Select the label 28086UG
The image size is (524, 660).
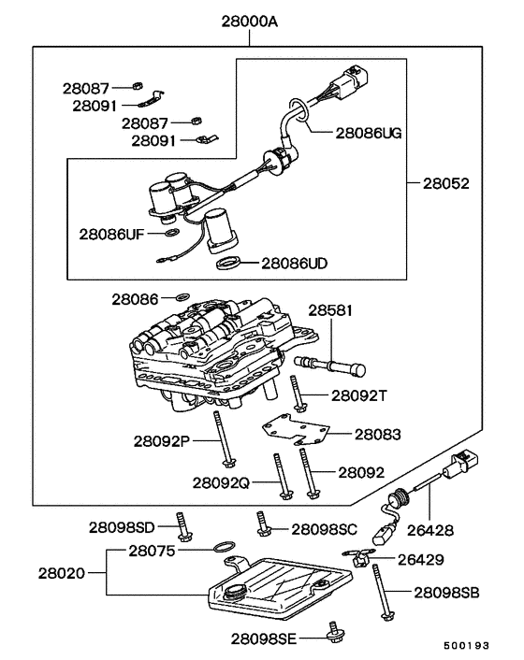point(355,133)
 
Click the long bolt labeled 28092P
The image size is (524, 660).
point(224,437)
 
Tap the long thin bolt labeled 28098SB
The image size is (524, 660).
point(383,588)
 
